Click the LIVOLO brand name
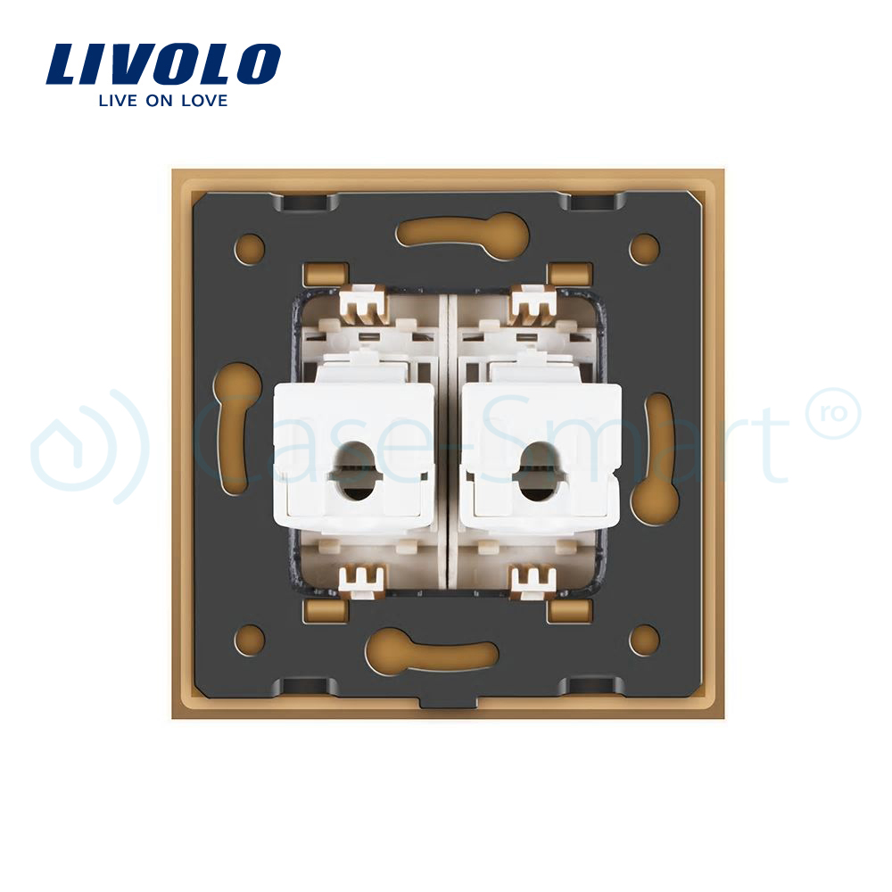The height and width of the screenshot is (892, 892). click(x=163, y=63)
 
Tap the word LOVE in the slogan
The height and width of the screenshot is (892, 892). click(x=204, y=101)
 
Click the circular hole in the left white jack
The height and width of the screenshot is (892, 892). click(x=351, y=472)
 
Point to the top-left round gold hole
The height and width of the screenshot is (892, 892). click(x=249, y=249)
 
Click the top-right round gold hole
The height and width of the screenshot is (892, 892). click(x=644, y=249)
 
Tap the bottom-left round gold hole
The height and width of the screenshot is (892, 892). click(x=249, y=640)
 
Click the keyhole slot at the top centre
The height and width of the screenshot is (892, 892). click(x=462, y=234)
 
